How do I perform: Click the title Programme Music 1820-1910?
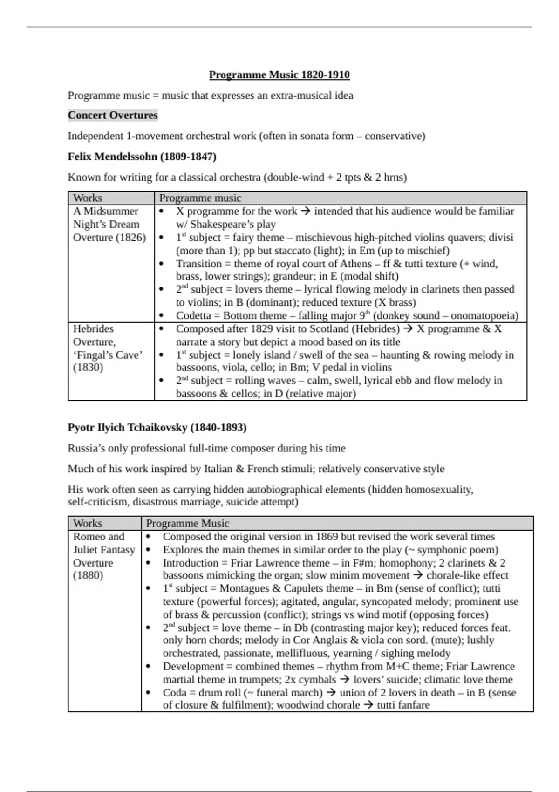point(279,75)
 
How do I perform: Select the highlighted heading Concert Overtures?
point(113,115)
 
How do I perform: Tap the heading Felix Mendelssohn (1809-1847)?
point(142,157)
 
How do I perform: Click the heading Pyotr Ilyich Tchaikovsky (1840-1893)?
point(157,427)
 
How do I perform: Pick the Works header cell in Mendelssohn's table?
point(88,198)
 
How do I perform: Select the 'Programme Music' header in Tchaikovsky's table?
point(187,523)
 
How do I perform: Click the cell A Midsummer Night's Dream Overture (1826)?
point(109,224)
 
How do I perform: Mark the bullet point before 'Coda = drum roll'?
point(148,693)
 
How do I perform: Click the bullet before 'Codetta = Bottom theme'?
point(161,315)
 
